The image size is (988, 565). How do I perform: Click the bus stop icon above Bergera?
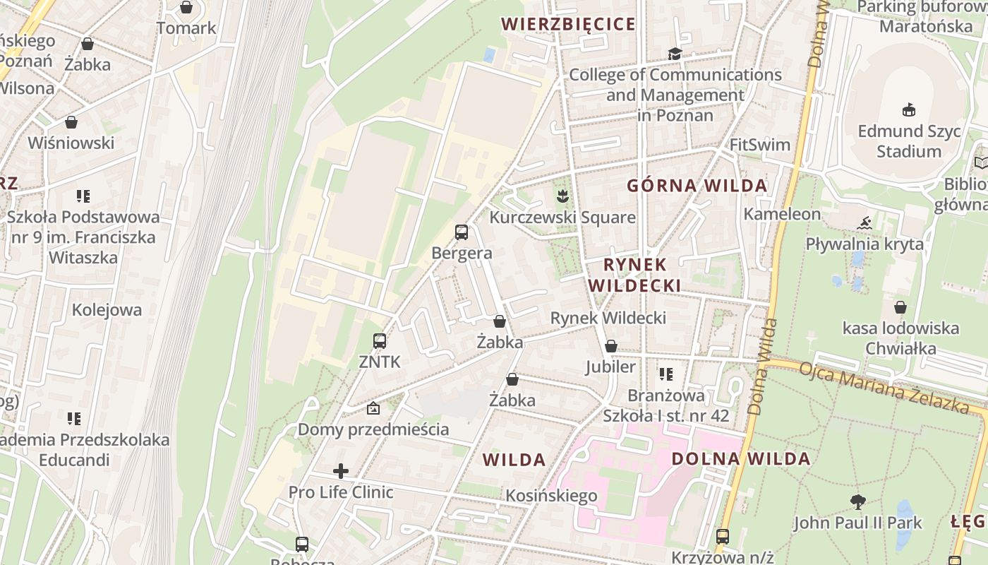coord(461,232)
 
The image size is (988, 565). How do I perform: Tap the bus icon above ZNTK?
coord(379,341)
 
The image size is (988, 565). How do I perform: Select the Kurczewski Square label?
coord(562,217)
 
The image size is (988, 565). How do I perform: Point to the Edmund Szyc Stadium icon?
coord(909,109)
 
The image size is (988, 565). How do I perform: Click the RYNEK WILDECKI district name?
coord(634,275)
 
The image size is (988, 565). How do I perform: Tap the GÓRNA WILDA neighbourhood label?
coord(697,186)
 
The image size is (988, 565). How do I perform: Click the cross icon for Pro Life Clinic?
coord(341,470)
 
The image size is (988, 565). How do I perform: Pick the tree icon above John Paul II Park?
coord(857,502)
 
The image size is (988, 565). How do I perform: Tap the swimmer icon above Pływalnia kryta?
coord(864,223)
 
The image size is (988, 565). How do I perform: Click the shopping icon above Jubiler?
coord(611,346)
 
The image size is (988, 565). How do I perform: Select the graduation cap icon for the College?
coord(675,54)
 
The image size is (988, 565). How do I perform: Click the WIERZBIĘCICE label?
coord(568,24)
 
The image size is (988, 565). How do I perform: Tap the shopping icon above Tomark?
coord(186,7)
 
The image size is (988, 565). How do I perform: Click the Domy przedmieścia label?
coord(373,429)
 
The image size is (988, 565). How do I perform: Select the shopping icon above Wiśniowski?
coord(71,122)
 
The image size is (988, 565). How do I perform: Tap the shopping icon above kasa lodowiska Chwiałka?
coord(900,307)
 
